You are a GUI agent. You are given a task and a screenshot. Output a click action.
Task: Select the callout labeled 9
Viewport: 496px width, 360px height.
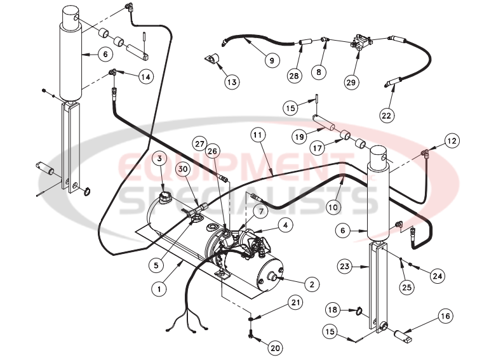pos(272,61)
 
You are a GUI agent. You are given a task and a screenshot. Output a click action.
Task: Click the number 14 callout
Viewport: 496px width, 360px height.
pos(145,77)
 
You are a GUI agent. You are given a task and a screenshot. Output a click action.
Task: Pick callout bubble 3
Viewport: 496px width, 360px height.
pos(160,158)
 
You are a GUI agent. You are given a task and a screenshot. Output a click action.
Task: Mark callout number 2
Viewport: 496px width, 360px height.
pos(311,284)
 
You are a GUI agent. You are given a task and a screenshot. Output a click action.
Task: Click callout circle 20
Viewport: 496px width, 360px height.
pos(274,348)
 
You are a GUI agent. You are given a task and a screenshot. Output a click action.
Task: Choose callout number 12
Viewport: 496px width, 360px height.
pos(452,139)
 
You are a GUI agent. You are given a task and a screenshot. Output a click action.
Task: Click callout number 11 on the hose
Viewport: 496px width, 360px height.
pos(257,135)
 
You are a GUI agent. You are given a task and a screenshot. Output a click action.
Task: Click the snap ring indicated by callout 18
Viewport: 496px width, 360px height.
pos(359,311)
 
